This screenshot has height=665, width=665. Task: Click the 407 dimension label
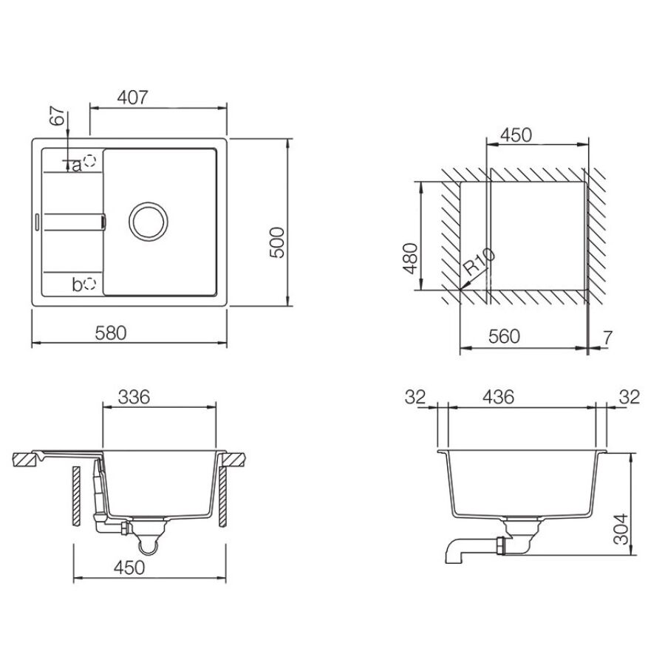pyautogui.click(x=132, y=98)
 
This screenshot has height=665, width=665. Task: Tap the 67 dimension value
pyautogui.click(x=57, y=115)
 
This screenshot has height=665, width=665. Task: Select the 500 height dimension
pyautogui.click(x=277, y=242)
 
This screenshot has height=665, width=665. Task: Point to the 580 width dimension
pyautogui.click(x=111, y=333)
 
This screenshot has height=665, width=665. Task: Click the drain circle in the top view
pyautogui.click(x=149, y=222)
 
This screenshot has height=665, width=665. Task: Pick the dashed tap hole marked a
pyautogui.click(x=89, y=161)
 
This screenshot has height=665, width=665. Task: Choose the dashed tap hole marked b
pyautogui.click(x=90, y=283)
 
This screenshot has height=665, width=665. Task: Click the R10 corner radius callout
pyautogui.click(x=478, y=262)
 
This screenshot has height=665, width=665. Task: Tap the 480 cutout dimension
pyautogui.click(x=410, y=259)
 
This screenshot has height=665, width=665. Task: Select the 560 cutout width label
pyautogui.click(x=504, y=336)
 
